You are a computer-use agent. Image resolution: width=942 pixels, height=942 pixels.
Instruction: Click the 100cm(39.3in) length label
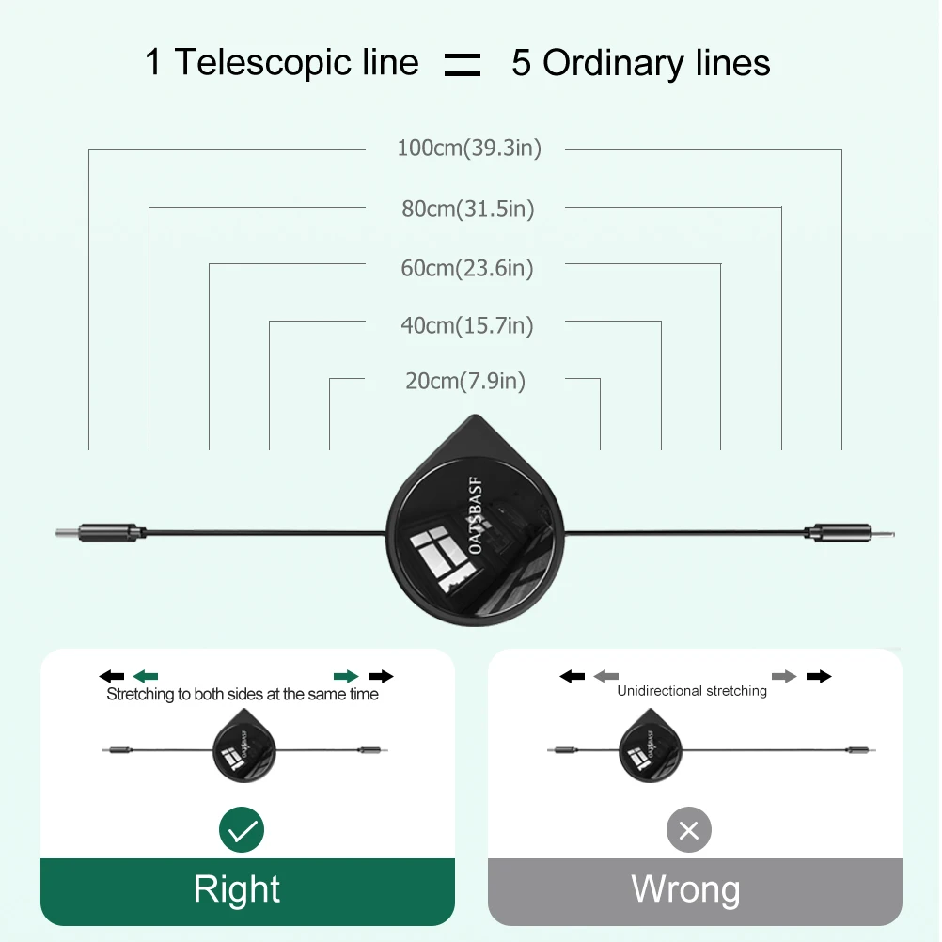[x=468, y=149]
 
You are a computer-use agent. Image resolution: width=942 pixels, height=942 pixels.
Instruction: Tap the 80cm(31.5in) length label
[x=467, y=209]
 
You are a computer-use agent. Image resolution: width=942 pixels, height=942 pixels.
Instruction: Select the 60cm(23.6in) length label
[x=467, y=268]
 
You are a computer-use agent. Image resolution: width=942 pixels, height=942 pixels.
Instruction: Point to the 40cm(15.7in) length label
[x=467, y=325]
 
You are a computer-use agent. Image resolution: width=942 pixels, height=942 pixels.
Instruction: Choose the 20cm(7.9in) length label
[x=465, y=381]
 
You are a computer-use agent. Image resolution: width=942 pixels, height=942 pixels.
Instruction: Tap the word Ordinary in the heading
[x=639, y=63]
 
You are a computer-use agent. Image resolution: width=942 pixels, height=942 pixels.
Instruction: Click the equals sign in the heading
[x=463, y=65]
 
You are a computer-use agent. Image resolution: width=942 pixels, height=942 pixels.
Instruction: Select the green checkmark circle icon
[x=242, y=830]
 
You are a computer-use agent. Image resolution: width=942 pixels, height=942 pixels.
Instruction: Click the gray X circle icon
[x=688, y=830]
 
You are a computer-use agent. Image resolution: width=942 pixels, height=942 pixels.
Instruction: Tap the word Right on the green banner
[x=237, y=888]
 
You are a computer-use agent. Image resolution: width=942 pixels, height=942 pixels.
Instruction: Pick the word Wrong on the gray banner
[x=685, y=888]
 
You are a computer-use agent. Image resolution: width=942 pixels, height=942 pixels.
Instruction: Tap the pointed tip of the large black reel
[x=475, y=419]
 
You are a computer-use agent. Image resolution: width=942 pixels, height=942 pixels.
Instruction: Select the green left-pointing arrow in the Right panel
[x=146, y=675]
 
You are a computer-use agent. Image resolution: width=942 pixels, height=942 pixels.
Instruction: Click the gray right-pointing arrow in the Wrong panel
[x=784, y=676]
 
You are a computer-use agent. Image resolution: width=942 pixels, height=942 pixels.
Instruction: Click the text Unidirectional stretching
[x=692, y=691]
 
